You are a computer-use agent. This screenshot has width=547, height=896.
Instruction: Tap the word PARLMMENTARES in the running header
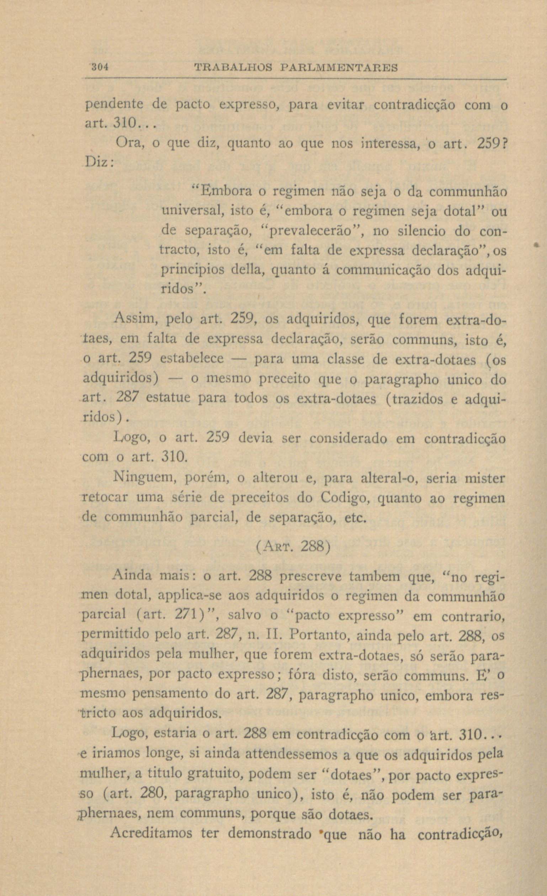[340, 68]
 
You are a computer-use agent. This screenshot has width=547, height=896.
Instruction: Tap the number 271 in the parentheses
[188, 615]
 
